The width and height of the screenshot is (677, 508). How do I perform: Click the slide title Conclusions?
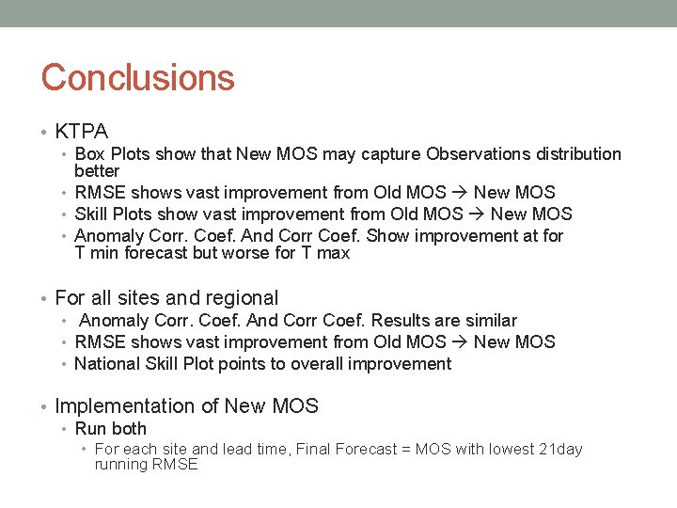[x=137, y=77]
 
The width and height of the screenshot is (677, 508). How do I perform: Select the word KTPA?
[x=82, y=132]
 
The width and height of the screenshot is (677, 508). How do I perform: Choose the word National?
[x=106, y=364]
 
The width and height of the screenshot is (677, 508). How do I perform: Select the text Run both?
[x=110, y=429]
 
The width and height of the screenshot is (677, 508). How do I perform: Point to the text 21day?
[x=559, y=450]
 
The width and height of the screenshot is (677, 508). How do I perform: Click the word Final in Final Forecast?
[x=317, y=450]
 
